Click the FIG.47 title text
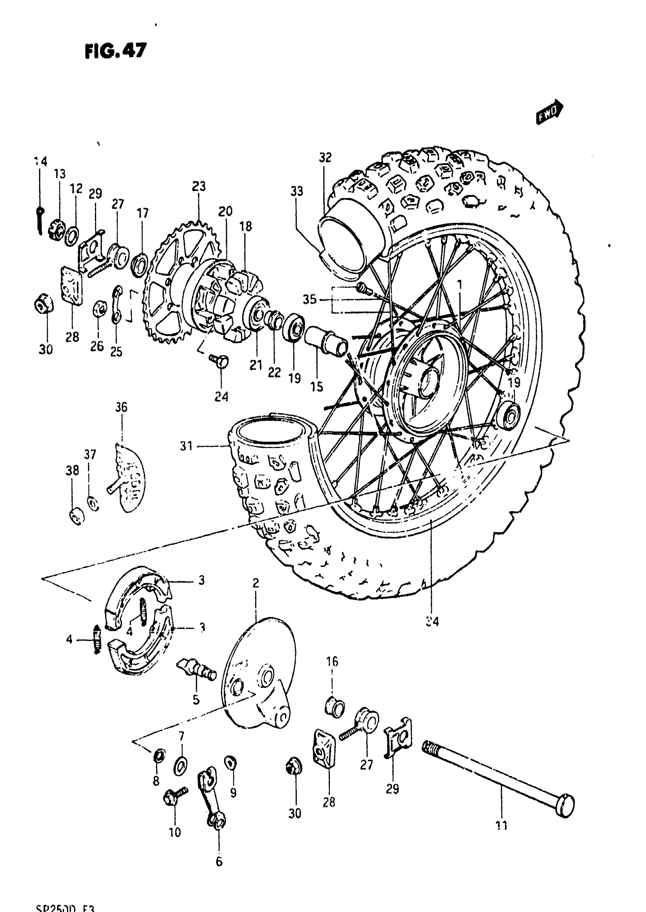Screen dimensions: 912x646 [116, 51]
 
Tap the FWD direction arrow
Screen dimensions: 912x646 [549, 113]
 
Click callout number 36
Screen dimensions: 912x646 [121, 407]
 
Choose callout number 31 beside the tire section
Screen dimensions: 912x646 [186, 446]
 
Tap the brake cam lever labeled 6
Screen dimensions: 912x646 [211, 795]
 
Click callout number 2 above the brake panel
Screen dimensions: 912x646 [255, 583]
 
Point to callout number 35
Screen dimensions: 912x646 [309, 299]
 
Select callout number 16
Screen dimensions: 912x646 [332, 662]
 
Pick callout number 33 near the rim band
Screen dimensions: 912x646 [296, 191]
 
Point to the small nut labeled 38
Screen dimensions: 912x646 [76, 516]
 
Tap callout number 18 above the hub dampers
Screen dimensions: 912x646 [245, 226]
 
